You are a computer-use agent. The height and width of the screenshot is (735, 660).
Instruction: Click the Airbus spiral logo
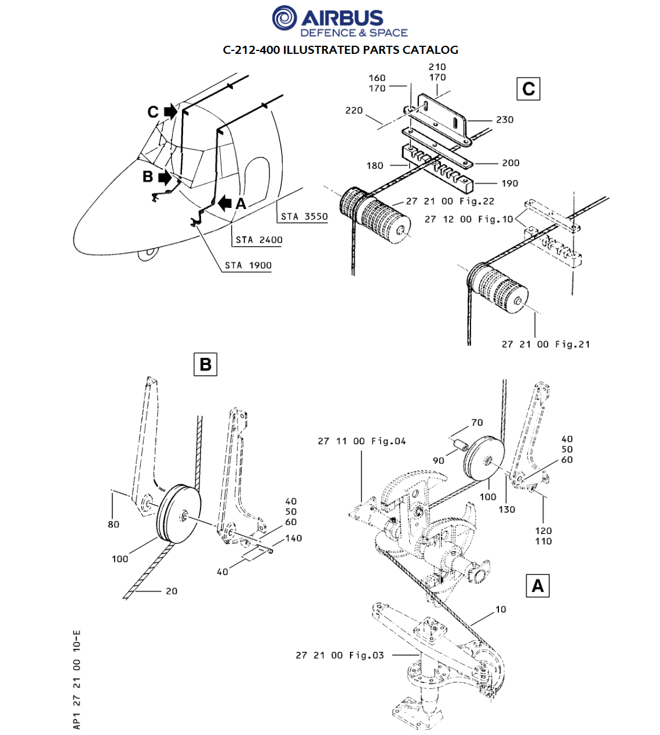285,18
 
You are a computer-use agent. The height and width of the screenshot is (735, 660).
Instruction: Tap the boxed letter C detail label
528,89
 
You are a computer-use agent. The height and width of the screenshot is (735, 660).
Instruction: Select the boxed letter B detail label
206,364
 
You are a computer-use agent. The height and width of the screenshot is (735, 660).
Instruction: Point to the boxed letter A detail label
538,586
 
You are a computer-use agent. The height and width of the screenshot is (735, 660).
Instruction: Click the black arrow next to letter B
165,177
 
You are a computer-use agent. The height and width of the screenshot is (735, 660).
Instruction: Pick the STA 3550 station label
304,217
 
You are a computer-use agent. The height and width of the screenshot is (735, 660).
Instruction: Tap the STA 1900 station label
248,265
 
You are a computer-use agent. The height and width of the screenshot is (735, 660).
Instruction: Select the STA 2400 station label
259,240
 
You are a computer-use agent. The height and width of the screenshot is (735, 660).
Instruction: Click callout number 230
505,120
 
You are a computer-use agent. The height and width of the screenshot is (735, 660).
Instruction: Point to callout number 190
509,184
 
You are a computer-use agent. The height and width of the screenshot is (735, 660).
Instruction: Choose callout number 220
354,110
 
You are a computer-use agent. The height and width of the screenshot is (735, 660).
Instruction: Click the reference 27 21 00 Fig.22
450,202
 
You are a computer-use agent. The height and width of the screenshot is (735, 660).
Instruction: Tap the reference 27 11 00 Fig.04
362,441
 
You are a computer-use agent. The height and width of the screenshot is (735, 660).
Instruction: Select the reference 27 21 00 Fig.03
340,655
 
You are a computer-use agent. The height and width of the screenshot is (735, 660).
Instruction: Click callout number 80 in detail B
113,524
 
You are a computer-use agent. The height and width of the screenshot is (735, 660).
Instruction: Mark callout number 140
293,539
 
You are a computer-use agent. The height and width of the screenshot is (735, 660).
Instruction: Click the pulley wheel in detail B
178,514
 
